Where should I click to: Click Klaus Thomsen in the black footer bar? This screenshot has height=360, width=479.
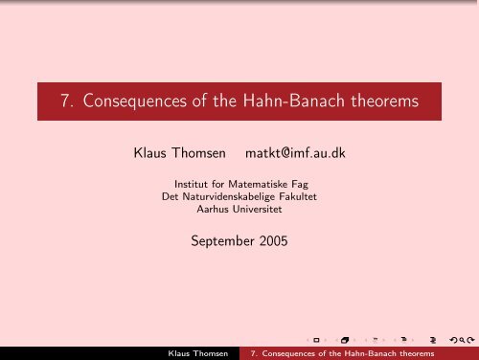point(198,352)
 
